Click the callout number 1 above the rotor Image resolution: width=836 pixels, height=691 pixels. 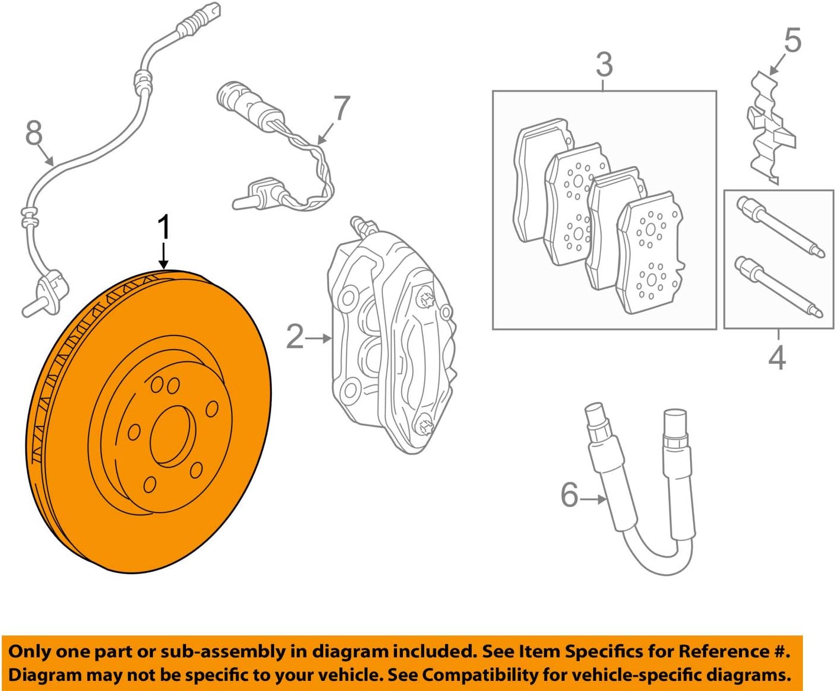tap(164, 227)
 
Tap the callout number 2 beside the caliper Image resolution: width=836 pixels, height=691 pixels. tap(295, 337)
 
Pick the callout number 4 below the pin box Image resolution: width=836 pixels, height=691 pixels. tap(777, 358)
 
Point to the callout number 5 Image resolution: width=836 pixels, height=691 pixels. tap(793, 40)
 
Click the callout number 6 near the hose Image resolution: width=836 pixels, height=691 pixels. tap(570, 494)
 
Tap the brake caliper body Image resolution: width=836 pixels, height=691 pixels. tap(390, 337)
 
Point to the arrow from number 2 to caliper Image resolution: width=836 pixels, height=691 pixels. tap(319, 338)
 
